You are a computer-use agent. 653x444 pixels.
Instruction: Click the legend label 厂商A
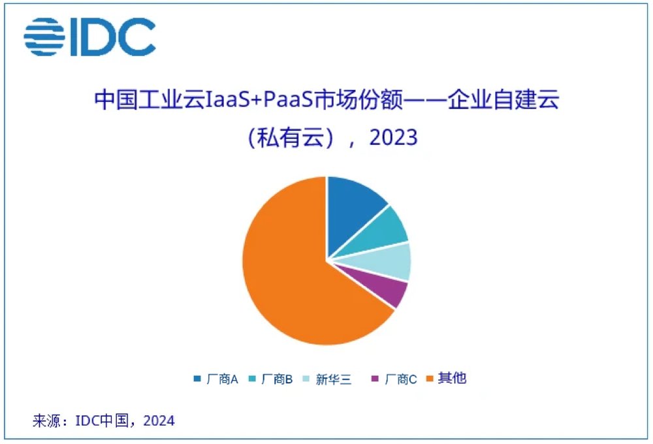pyautogui.click(x=223, y=379)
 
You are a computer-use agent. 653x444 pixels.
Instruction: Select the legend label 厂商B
pyautogui.click(x=277, y=379)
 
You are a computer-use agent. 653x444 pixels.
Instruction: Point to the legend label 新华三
pyautogui.click(x=334, y=379)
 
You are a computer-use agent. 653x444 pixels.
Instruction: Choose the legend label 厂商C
pyautogui.click(x=401, y=379)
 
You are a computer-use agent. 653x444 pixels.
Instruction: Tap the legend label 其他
pyautogui.click(x=453, y=378)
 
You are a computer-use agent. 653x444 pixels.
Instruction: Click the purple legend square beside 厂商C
pyautogui.click(x=375, y=379)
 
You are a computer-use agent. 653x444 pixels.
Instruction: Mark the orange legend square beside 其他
pyautogui.click(x=430, y=379)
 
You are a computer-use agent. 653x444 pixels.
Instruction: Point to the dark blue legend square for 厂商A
pyautogui.click(x=197, y=379)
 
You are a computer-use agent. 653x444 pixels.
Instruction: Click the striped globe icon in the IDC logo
pyautogui.click(x=44, y=37)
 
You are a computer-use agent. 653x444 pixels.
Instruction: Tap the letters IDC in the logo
pyautogui.click(x=113, y=37)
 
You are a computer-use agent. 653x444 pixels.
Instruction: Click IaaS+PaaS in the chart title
pyautogui.click(x=259, y=100)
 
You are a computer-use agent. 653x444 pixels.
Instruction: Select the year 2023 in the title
pyautogui.click(x=393, y=138)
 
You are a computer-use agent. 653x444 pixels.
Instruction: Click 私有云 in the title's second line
pyautogui.click(x=291, y=138)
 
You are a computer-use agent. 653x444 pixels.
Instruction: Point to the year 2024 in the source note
pyautogui.click(x=159, y=420)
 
